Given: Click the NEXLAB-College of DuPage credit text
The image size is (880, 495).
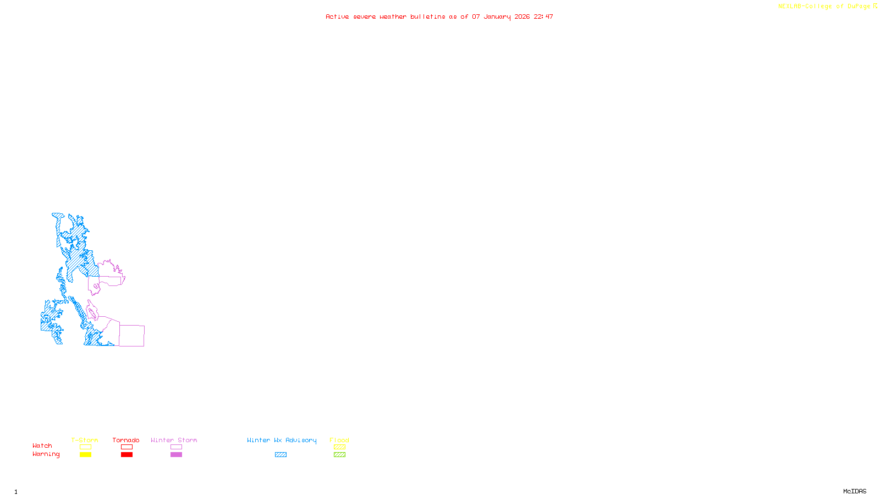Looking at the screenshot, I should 827,7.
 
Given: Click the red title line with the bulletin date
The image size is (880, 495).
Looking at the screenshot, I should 439,16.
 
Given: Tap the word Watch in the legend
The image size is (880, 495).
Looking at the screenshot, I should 42,446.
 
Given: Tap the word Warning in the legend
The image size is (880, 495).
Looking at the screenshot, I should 46,454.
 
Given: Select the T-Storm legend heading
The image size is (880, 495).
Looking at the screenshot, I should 85,440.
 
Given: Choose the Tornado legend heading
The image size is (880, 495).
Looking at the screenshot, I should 126,440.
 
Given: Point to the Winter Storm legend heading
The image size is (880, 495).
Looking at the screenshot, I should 174,440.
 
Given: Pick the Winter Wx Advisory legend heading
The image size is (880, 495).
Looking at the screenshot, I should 282,440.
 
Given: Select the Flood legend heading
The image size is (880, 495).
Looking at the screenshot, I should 339,440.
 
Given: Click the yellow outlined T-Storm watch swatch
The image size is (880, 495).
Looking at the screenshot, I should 85,447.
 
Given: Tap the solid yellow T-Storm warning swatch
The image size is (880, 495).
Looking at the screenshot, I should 85,455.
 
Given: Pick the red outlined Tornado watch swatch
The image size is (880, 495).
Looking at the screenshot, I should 127,447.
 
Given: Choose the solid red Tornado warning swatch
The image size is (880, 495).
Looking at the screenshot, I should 127,455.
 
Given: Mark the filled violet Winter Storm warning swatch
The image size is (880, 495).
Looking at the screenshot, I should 176,455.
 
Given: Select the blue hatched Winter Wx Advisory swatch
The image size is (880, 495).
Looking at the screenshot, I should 280,455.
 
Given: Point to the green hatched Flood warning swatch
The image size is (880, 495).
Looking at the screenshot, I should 339,455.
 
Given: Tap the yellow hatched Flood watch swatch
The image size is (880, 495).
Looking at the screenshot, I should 339,447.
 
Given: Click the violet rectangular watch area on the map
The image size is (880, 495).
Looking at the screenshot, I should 132,335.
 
